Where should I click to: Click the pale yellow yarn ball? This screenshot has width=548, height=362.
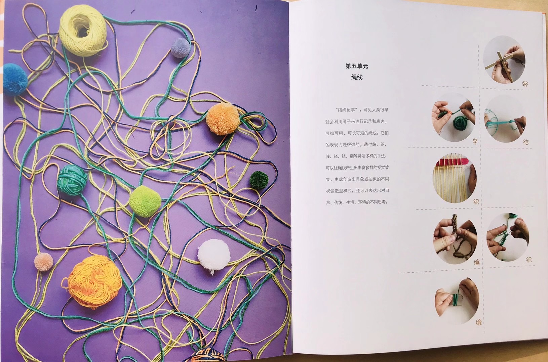coord(83,31)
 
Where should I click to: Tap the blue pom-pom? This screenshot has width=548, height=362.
coord(15,80)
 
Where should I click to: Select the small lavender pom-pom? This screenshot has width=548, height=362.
coord(180,48)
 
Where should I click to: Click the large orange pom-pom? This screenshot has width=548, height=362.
coord(223,119)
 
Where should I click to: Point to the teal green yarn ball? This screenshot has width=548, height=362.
coord(72,180)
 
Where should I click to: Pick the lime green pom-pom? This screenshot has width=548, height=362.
coord(145,201)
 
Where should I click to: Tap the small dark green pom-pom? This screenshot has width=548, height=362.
coord(259,180)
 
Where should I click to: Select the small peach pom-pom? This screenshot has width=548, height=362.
coord(44,262)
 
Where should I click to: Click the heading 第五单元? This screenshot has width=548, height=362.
coord(357,66)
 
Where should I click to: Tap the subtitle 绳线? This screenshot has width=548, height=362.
coord(357,77)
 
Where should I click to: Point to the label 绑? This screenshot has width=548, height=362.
coord(525,84)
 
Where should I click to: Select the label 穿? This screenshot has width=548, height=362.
coord(475,141)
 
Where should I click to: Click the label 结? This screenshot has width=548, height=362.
coord(526,142)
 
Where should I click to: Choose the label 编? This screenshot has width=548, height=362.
coord(477,262)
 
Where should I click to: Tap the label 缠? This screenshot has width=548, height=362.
coord(479,322)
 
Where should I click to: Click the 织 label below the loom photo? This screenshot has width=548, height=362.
coord(476,202)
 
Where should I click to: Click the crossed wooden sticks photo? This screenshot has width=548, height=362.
coord(504,60)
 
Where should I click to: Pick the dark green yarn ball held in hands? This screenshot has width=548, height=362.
coord(460,123)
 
